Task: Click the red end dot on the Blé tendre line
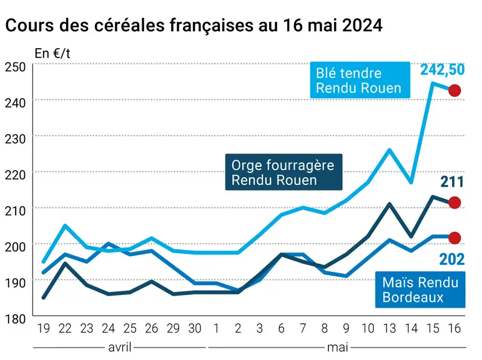coord(455,91)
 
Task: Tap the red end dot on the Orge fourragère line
coord(455,202)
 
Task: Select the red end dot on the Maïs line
coord(455,238)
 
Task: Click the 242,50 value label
coord(442,70)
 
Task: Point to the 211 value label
coord(452,182)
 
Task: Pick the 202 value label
coord(452,259)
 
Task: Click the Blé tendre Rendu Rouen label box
coord(360,80)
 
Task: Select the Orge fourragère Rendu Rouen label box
coord(283,172)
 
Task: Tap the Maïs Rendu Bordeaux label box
coord(420,289)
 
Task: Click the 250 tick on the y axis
coord(16,67)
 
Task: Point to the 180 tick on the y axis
coord(16,319)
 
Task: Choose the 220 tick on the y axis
coord(16,175)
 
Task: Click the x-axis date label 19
coord(43,328)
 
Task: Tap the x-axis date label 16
coord(455,328)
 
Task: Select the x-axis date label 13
coord(390,328)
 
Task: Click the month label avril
coord(120,347)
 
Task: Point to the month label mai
coord(338,347)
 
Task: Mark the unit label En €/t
coord(52,54)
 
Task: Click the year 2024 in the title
coord(362,25)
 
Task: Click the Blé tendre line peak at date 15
coord(433,83)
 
